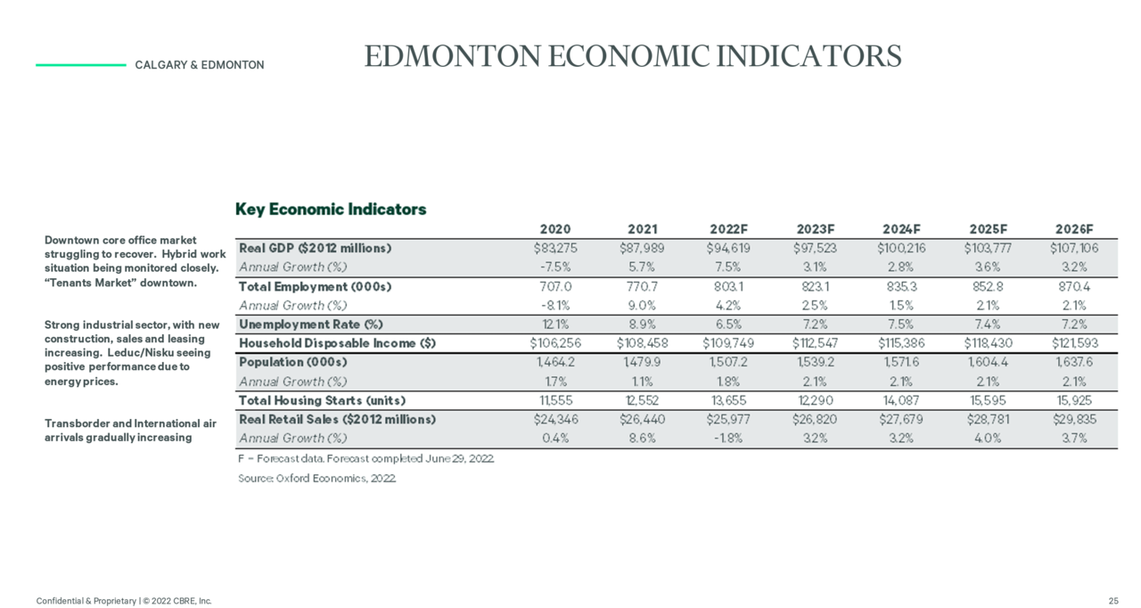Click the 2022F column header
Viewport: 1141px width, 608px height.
[728, 229]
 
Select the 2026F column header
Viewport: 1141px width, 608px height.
[1074, 229]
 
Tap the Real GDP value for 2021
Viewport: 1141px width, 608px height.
[642, 249]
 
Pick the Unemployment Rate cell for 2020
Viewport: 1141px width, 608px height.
[555, 325]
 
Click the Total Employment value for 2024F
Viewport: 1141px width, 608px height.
[901, 287]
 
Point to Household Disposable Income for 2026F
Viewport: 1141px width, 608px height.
[1075, 343]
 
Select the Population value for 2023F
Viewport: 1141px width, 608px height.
[815, 362]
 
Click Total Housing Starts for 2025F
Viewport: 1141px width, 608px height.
[988, 401]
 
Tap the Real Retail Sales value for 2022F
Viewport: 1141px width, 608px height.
[728, 420]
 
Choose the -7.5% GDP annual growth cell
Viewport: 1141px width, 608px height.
[555, 267]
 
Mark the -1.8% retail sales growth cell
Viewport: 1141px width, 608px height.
[728, 439]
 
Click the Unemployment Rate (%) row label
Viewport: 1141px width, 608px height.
[311, 325]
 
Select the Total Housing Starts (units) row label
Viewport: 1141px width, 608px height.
[323, 401]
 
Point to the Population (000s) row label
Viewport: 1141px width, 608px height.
[293, 362]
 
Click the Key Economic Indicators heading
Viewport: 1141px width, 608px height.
[331, 210]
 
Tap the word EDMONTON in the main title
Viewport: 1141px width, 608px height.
[452, 56]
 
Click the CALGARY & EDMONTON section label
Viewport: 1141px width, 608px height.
[200, 65]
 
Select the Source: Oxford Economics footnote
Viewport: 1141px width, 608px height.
[316, 479]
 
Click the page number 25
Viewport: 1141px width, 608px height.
[1113, 601]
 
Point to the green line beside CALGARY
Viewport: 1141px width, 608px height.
[81, 65]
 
